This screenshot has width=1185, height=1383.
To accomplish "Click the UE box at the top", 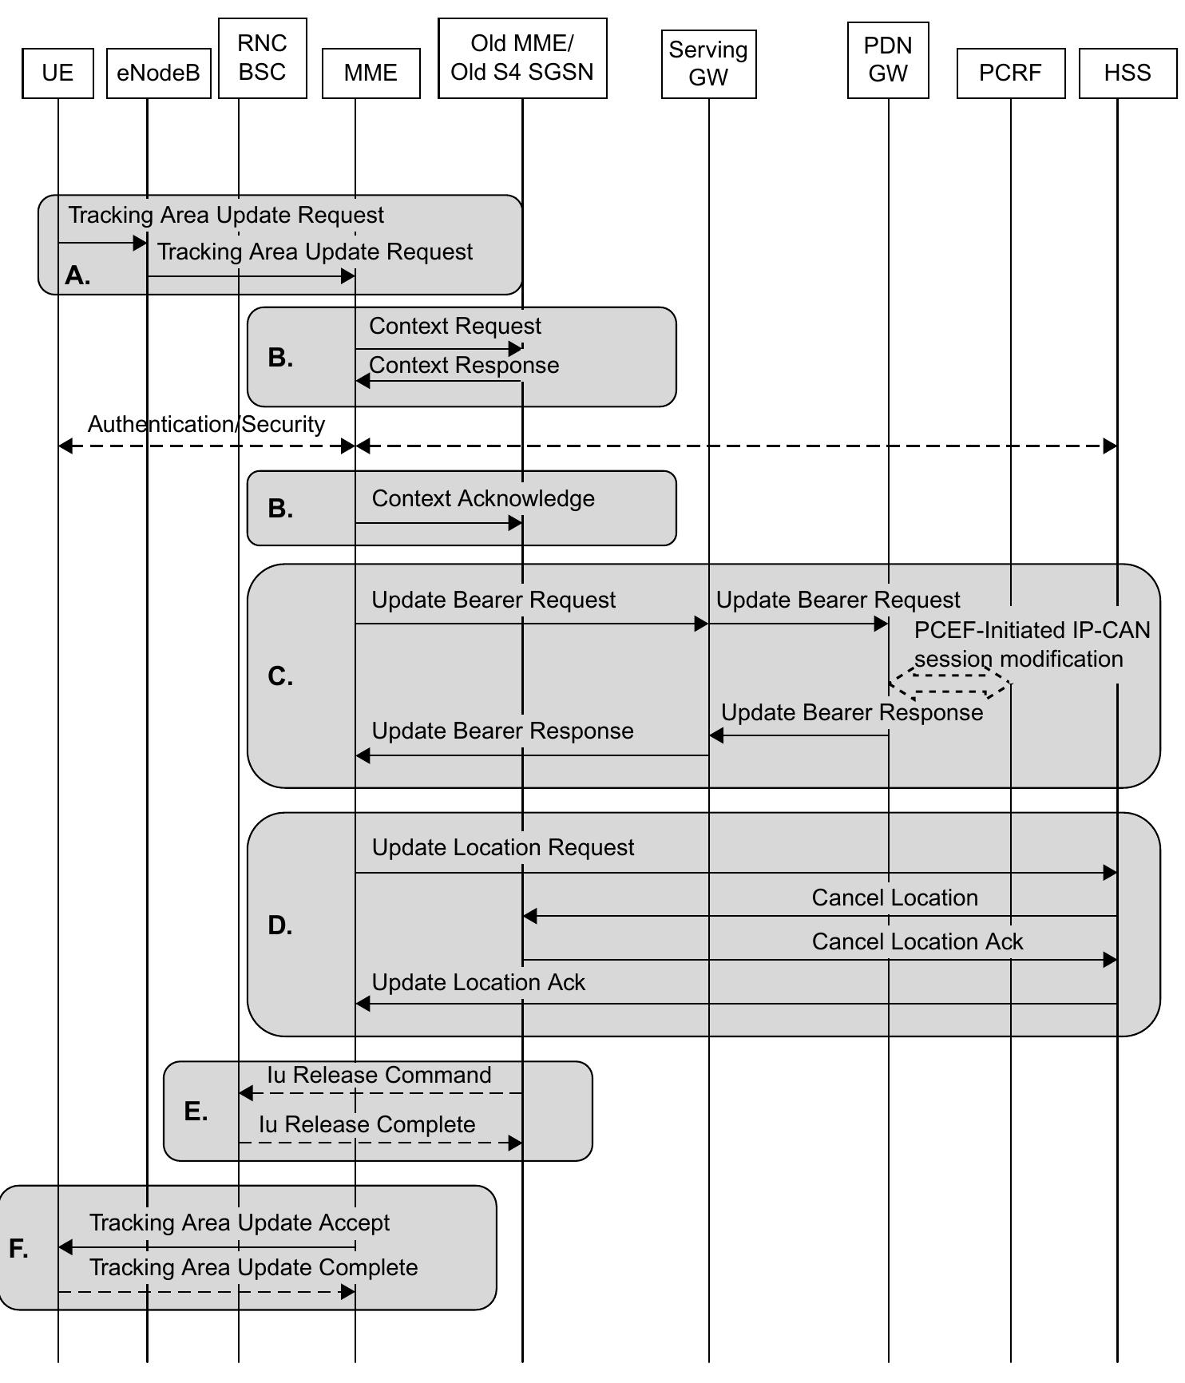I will point(57,73).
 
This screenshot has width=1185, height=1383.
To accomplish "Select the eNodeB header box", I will point(158,73).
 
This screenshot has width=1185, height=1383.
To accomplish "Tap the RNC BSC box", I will point(262,57).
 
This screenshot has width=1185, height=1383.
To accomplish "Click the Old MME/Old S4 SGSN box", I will point(522,57).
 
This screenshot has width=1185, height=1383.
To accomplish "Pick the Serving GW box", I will point(708,64).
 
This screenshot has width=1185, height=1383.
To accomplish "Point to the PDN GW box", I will point(888,60).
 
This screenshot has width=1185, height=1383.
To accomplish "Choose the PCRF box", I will point(1010,73).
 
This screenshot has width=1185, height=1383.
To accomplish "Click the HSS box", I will point(1127,73).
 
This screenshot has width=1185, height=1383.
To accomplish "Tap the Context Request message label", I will point(454,326).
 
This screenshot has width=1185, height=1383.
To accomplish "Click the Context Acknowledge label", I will point(483,498).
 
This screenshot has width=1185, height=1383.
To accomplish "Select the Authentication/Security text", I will point(206,424).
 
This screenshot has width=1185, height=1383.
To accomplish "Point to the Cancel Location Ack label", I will point(917,941).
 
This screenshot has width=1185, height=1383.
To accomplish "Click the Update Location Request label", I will point(503,847).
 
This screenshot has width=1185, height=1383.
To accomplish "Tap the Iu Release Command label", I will point(378,1075).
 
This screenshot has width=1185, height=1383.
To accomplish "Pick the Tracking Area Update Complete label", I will point(253,1267).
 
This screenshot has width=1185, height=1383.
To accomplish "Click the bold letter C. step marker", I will point(280,676).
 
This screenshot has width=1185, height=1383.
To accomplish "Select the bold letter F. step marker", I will point(18,1248).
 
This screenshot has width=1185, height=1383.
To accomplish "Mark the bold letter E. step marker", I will point(196,1111).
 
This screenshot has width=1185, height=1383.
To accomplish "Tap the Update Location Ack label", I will point(478,982).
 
